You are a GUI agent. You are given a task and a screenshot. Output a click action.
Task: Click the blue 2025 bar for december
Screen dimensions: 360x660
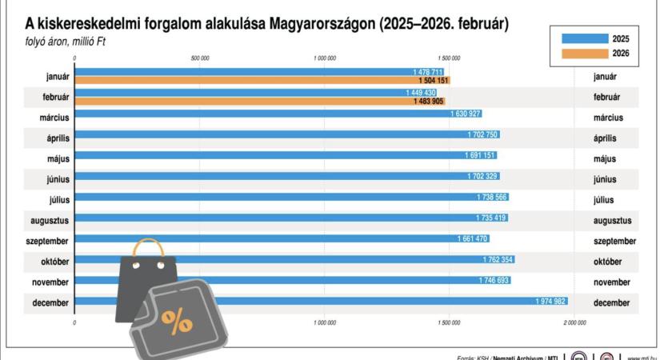pyautogui.click(x=320, y=301)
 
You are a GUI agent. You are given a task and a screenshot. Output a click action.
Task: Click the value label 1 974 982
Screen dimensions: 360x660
pyautogui.click(x=550, y=301)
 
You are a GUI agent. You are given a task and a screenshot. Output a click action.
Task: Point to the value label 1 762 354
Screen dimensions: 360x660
pyautogui.click(x=498, y=259)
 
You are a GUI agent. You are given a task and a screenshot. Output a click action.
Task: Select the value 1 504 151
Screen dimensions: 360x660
pyautogui.click(x=433, y=81)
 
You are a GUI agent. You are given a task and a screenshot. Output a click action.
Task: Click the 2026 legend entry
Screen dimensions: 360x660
pyautogui.click(x=596, y=53)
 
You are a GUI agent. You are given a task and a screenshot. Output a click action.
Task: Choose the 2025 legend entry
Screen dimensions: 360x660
pyautogui.click(x=596, y=38)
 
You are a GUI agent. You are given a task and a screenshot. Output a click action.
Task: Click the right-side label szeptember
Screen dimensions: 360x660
pyautogui.click(x=614, y=241)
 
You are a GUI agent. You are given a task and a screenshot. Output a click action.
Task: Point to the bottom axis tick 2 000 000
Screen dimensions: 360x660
pyautogui.click(x=574, y=322)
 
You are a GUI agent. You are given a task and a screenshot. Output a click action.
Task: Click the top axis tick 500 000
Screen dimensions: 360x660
pyautogui.click(x=200, y=57)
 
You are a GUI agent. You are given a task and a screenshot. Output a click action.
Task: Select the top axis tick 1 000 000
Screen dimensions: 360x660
pyautogui.click(x=325, y=57)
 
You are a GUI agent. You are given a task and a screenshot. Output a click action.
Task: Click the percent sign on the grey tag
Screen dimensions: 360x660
pyautogui.click(x=177, y=319)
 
